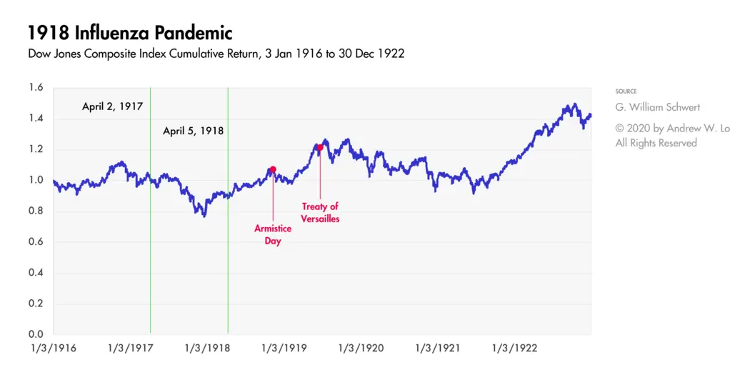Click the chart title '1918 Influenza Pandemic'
click(x=130, y=33)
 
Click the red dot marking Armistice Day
click(x=272, y=169)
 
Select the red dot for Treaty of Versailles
click(x=320, y=148)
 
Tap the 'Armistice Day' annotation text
click(x=268, y=235)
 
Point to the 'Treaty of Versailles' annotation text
click(x=320, y=213)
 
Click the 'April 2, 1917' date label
click(x=112, y=106)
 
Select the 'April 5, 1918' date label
click(x=193, y=131)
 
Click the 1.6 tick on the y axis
click(x=36, y=88)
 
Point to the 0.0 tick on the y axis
click(x=36, y=334)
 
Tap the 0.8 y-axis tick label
click(x=36, y=211)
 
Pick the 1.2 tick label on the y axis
click(x=36, y=149)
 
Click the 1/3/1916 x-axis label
click(x=53, y=349)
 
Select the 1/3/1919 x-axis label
click(x=284, y=349)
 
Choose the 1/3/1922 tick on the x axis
click(x=514, y=349)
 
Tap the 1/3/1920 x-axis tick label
click(x=361, y=349)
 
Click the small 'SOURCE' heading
click(x=626, y=91)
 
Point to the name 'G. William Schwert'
click(x=658, y=107)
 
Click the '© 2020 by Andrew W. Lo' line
click(x=672, y=129)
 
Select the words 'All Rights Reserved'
click(x=656, y=143)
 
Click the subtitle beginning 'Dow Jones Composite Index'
click(x=216, y=54)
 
